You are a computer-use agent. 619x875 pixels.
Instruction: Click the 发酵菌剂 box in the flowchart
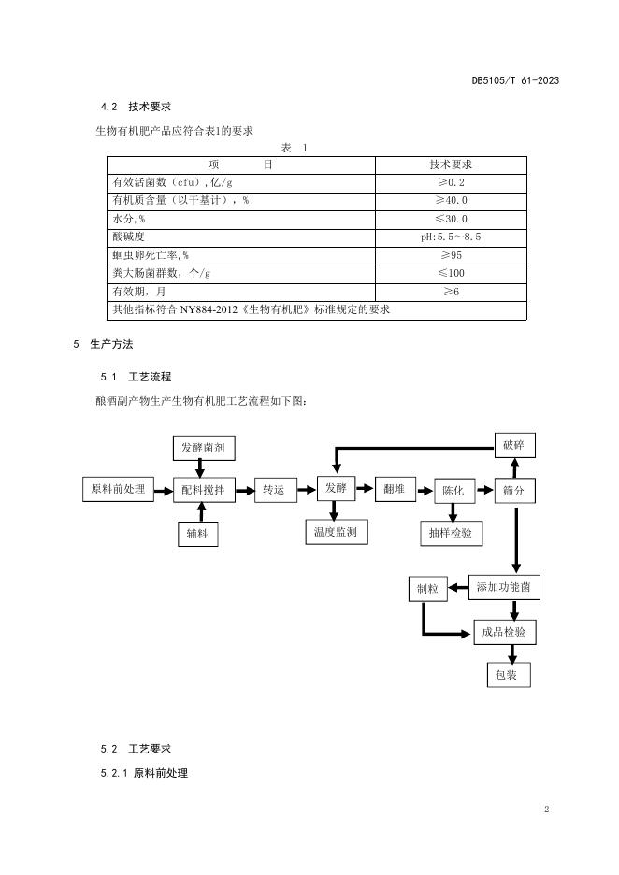click(203, 449)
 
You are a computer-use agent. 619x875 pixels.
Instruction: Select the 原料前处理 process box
click(118, 489)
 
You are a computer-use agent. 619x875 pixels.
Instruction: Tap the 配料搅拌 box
click(203, 490)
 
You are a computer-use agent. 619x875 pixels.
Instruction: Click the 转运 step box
click(273, 490)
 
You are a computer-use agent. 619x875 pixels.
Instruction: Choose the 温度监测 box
click(336, 532)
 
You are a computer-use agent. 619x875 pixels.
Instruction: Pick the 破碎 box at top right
click(513, 446)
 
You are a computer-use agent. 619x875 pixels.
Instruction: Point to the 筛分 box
click(513, 491)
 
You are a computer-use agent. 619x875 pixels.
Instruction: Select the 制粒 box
click(426, 589)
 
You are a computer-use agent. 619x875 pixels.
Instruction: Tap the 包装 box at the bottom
click(508, 675)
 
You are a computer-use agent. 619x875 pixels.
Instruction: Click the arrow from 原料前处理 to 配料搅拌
click(165, 489)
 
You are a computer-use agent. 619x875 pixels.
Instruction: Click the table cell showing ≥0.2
click(451, 183)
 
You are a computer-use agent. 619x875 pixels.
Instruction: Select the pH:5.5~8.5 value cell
click(451, 237)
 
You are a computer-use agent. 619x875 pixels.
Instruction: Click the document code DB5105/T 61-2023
click(515, 80)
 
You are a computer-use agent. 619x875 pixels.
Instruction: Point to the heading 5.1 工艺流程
click(137, 377)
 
